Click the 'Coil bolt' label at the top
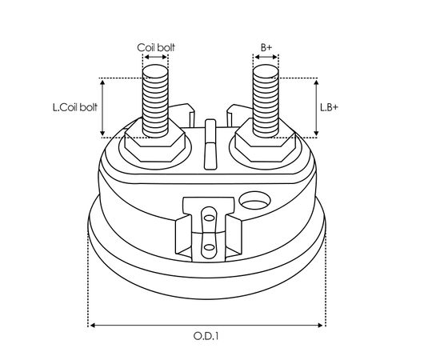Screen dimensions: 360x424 tap(157, 48)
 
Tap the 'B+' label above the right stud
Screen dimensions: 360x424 tap(266, 48)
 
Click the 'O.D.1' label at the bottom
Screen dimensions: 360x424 tap(207, 337)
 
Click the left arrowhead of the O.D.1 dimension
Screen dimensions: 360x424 tap(92, 325)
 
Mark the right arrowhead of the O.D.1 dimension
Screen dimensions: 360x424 tap(322, 325)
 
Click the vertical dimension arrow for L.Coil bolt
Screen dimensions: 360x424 tap(102, 106)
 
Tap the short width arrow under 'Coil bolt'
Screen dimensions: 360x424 tap(155, 58)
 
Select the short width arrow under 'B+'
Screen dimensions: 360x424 tap(266, 58)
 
